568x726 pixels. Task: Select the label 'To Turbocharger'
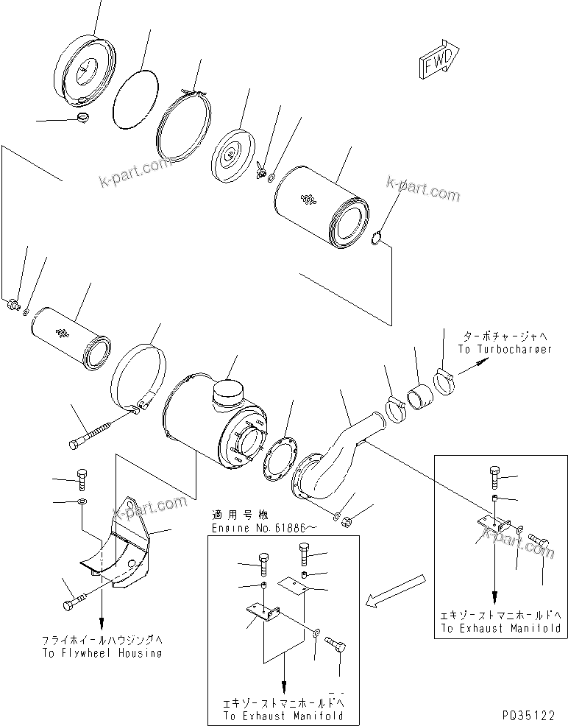[x=504, y=350]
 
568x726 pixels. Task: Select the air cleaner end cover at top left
[x=86, y=70]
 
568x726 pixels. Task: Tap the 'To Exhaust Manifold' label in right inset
[x=500, y=628]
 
